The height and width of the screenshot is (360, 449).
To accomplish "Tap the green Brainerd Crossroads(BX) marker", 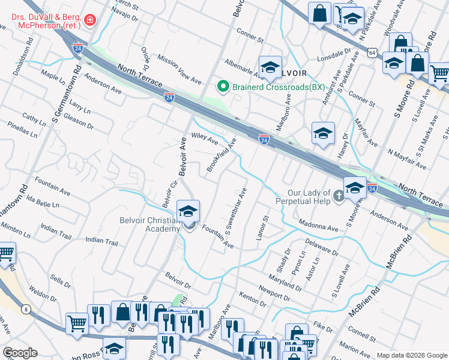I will pyautogui.click(x=223, y=87).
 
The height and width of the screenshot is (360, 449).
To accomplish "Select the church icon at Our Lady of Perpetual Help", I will pyautogui.click(x=339, y=196).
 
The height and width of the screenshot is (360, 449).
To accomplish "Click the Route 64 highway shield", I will pyautogui.click(x=373, y=53).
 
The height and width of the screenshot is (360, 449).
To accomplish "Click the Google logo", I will pyautogui.click(x=20, y=353).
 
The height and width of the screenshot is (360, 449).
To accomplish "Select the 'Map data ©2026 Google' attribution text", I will pyautogui.click(x=411, y=355).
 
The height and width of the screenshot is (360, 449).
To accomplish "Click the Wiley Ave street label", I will pyautogui.click(x=205, y=139).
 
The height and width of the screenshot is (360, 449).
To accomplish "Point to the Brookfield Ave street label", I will pyautogui.click(x=221, y=155).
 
